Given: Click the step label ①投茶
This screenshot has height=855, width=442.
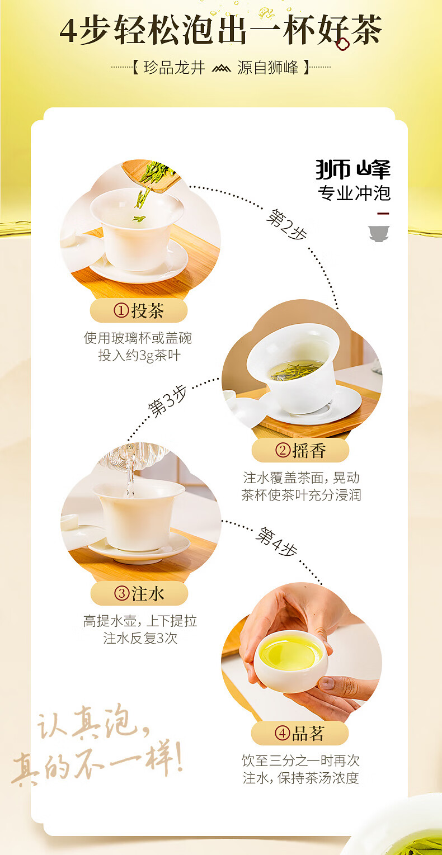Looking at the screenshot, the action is point(139,311).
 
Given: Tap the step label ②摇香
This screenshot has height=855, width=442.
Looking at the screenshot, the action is point(300,451).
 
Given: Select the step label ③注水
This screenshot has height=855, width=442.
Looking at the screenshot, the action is point(139,593).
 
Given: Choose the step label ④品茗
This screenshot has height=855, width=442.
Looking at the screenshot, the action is point(300,733).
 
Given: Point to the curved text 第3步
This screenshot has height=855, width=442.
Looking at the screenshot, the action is point(167,401).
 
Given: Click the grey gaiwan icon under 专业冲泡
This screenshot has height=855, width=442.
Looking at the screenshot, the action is point(379,233).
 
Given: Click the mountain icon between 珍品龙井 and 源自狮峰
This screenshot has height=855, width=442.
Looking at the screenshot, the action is point(221,68).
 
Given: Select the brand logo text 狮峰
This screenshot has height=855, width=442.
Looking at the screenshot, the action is point(353,169).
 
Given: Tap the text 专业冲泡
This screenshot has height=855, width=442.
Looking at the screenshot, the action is point(354,193).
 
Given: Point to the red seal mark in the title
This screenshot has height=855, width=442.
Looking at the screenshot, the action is point(342,44).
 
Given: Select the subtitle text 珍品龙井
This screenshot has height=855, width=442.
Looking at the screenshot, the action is point(174,68).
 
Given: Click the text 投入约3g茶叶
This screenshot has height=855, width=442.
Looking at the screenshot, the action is point(139,356).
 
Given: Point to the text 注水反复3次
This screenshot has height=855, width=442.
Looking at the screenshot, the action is point(140,638).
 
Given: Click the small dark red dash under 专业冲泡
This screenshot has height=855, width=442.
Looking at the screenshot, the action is point(383,214).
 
